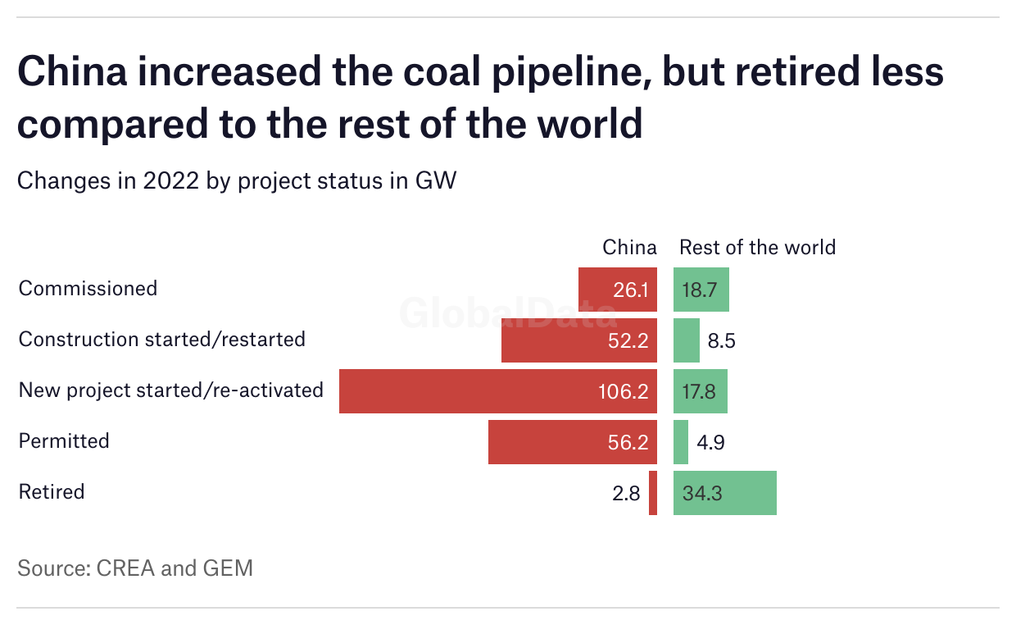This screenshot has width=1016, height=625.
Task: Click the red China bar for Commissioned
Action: pos(617,289)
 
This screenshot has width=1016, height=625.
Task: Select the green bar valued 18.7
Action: pos(701,289)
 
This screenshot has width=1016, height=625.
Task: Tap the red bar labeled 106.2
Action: pos(497,390)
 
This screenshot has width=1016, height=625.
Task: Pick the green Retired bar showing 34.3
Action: pos(725,492)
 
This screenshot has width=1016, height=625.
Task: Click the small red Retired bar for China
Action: pos(653,492)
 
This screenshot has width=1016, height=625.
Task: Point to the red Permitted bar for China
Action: pos(573,441)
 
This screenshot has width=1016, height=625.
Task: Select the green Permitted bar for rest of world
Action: pos(681,441)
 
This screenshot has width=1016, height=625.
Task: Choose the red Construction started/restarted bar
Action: pos(579,340)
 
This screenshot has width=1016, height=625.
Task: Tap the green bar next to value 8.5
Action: pos(687,340)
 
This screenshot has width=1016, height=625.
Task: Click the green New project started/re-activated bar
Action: pos(701,390)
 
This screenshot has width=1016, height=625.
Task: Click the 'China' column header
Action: pos(629,247)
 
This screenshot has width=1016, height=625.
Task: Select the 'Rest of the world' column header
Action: pos(757,247)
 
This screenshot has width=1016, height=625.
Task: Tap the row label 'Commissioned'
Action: pos(88,289)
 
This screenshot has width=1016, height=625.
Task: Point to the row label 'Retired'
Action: pos(52,492)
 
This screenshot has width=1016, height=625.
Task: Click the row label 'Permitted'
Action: pos(64,441)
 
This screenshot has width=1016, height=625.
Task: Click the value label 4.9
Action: pos(710,442)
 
